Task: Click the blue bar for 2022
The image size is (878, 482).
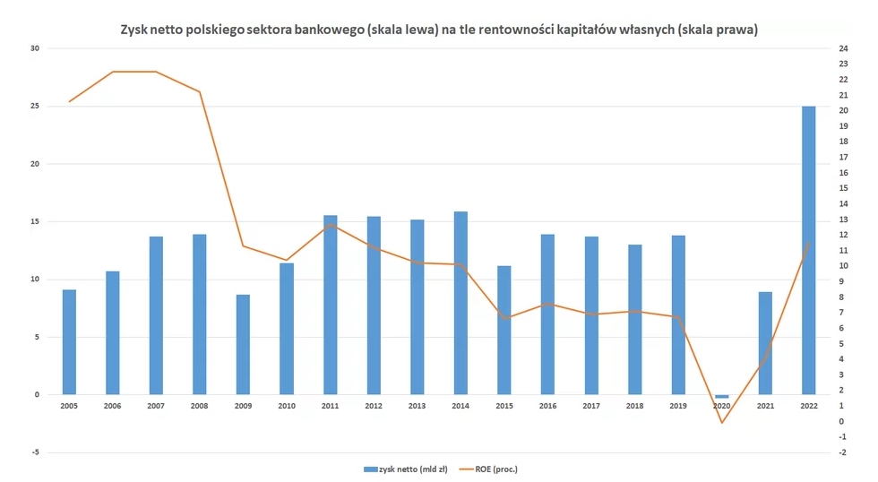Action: click(x=808, y=250)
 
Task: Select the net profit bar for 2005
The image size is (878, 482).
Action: click(x=69, y=342)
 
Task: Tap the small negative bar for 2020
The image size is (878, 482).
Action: click(x=721, y=396)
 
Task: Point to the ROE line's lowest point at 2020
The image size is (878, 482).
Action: click(x=721, y=422)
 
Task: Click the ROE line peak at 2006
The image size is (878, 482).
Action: click(x=113, y=72)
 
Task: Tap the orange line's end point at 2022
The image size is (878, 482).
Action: click(x=809, y=244)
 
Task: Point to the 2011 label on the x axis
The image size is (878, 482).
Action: click(x=330, y=406)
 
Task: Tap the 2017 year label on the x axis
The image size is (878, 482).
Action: click(x=590, y=406)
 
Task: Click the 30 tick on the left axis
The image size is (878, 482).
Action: click(x=36, y=48)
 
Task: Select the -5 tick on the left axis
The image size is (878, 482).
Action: click(x=36, y=452)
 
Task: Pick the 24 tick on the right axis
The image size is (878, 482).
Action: click(x=842, y=48)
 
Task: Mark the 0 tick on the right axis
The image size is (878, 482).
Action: click(x=841, y=421)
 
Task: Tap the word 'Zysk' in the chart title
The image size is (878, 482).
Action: click(x=135, y=30)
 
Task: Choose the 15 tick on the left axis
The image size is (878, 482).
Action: click(x=36, y=221)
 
